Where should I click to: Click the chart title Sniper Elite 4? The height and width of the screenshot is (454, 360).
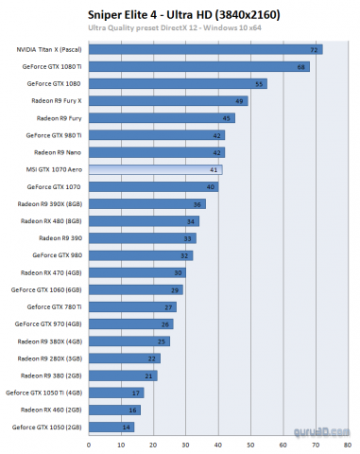click(179, 12)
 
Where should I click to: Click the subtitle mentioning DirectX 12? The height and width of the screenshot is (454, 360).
click(179, 28)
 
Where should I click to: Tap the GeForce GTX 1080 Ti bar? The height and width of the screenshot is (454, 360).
click(199, 66)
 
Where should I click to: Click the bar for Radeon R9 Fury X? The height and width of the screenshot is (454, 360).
click(168, 101)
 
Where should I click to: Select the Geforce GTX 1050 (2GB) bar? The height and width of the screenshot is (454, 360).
click(111, 427)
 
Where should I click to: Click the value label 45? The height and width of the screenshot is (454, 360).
click(228, 118)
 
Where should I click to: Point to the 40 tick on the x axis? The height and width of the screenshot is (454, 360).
click(222, 443)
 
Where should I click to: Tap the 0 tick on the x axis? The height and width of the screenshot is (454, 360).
click(89, 443)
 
